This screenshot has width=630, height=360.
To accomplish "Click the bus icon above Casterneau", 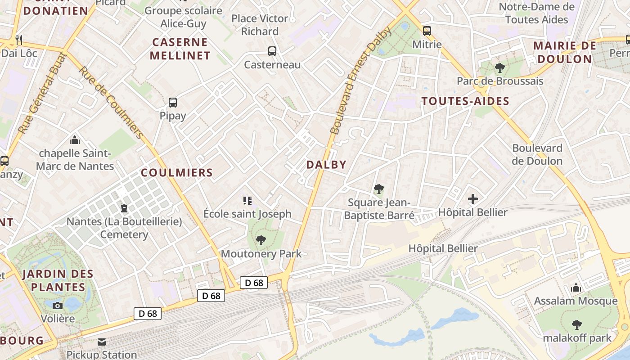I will (272, 51).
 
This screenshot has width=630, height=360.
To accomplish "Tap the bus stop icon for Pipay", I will (173, 102).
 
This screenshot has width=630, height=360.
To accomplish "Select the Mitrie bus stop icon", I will (427, 31).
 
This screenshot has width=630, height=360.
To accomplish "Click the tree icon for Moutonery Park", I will (261, 240).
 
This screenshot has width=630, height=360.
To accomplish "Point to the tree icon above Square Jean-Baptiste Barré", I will (379, 189).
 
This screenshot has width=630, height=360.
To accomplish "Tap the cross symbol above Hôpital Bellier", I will (473, 198).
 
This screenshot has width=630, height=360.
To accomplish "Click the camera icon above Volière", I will (58, 306).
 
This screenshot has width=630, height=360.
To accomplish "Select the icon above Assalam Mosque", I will (576, 288).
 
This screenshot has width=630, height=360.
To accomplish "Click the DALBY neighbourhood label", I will (326, 165).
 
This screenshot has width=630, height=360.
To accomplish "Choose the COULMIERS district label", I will (177, 172).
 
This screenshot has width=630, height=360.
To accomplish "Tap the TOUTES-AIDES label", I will (465, 101).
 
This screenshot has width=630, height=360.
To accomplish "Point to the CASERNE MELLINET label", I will (180, 49).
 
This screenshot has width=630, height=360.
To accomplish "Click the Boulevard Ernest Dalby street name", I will (361, 81).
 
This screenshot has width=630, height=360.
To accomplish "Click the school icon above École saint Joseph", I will (247, 200).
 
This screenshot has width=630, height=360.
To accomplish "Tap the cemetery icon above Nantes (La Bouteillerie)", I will (124, 208).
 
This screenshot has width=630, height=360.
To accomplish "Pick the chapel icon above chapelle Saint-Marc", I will (75, 140).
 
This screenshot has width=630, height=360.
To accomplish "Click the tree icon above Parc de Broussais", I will (499, 68).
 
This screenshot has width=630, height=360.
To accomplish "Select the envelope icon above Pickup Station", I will (102, 342).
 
